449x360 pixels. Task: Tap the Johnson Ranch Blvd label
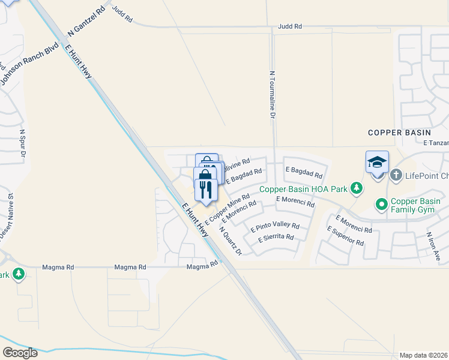[x=29, y=63]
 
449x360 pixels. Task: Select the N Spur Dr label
[x=23, y=145]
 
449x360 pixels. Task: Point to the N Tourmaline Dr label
[x=272, y=94]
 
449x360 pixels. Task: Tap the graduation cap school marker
[x=378, y=162]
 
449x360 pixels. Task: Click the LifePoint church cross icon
[x=396, y=175]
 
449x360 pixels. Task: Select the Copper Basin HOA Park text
[x=304, y=189]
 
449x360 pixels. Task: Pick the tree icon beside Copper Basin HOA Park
[x=357, y=189]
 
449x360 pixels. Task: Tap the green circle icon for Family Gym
[x=381, y=205]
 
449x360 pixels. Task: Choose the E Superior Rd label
[x=345, y=236]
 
